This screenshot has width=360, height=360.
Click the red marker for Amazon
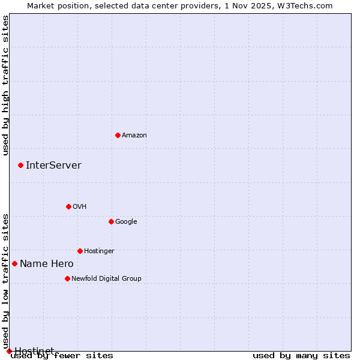[118, 135]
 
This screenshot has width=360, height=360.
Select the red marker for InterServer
[20, 165]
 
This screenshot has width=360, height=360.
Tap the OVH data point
[68, 206]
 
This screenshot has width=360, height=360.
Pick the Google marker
[111, 221]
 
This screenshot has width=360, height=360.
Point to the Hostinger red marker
[80, 251]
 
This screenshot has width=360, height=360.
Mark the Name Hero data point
[14, 263]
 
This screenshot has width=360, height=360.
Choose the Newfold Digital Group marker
[67, 278]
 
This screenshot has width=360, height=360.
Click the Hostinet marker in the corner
[9, 351]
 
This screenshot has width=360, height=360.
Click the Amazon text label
[134, 136]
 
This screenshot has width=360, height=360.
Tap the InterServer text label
[53, 166]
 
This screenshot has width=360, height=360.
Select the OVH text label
[80, 207]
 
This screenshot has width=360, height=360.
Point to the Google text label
[126, 222]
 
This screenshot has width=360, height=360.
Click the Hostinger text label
[99, 251]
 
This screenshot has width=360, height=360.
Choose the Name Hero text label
[47, 264]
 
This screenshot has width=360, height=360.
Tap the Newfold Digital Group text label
[106, 279]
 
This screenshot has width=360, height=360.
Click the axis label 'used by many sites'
[301, 356]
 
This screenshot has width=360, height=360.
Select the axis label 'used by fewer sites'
[62, 356]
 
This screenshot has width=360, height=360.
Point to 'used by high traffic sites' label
[6, 85]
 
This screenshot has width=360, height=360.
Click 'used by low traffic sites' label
[6, 281]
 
